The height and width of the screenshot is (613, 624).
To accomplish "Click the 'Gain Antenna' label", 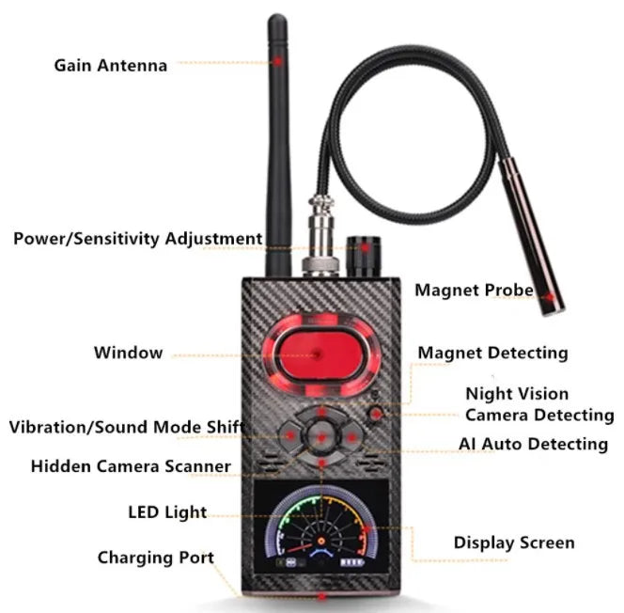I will (x=110, y=65).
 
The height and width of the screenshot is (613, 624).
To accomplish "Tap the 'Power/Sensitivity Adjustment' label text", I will (x=137, y=238).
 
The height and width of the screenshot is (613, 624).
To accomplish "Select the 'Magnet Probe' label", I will (x=474, y=291).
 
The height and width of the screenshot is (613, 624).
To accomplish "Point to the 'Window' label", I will (x=128, y=353).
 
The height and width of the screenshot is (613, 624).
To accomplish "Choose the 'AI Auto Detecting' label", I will (x=533, y=443).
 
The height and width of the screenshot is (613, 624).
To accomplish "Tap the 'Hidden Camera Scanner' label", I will (x=131, y=465).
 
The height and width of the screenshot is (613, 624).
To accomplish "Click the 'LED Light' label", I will (x=167, y=512).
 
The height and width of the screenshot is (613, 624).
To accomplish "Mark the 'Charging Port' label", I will (x=155, y=558).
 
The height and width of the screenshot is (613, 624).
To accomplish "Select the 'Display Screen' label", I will (x=513, y=542).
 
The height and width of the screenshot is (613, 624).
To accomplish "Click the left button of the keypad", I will (x=288, y=434).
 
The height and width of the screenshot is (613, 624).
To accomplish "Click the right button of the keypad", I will (x=352, y=434).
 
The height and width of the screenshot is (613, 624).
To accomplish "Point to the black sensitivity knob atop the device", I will (x=361, y=252).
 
